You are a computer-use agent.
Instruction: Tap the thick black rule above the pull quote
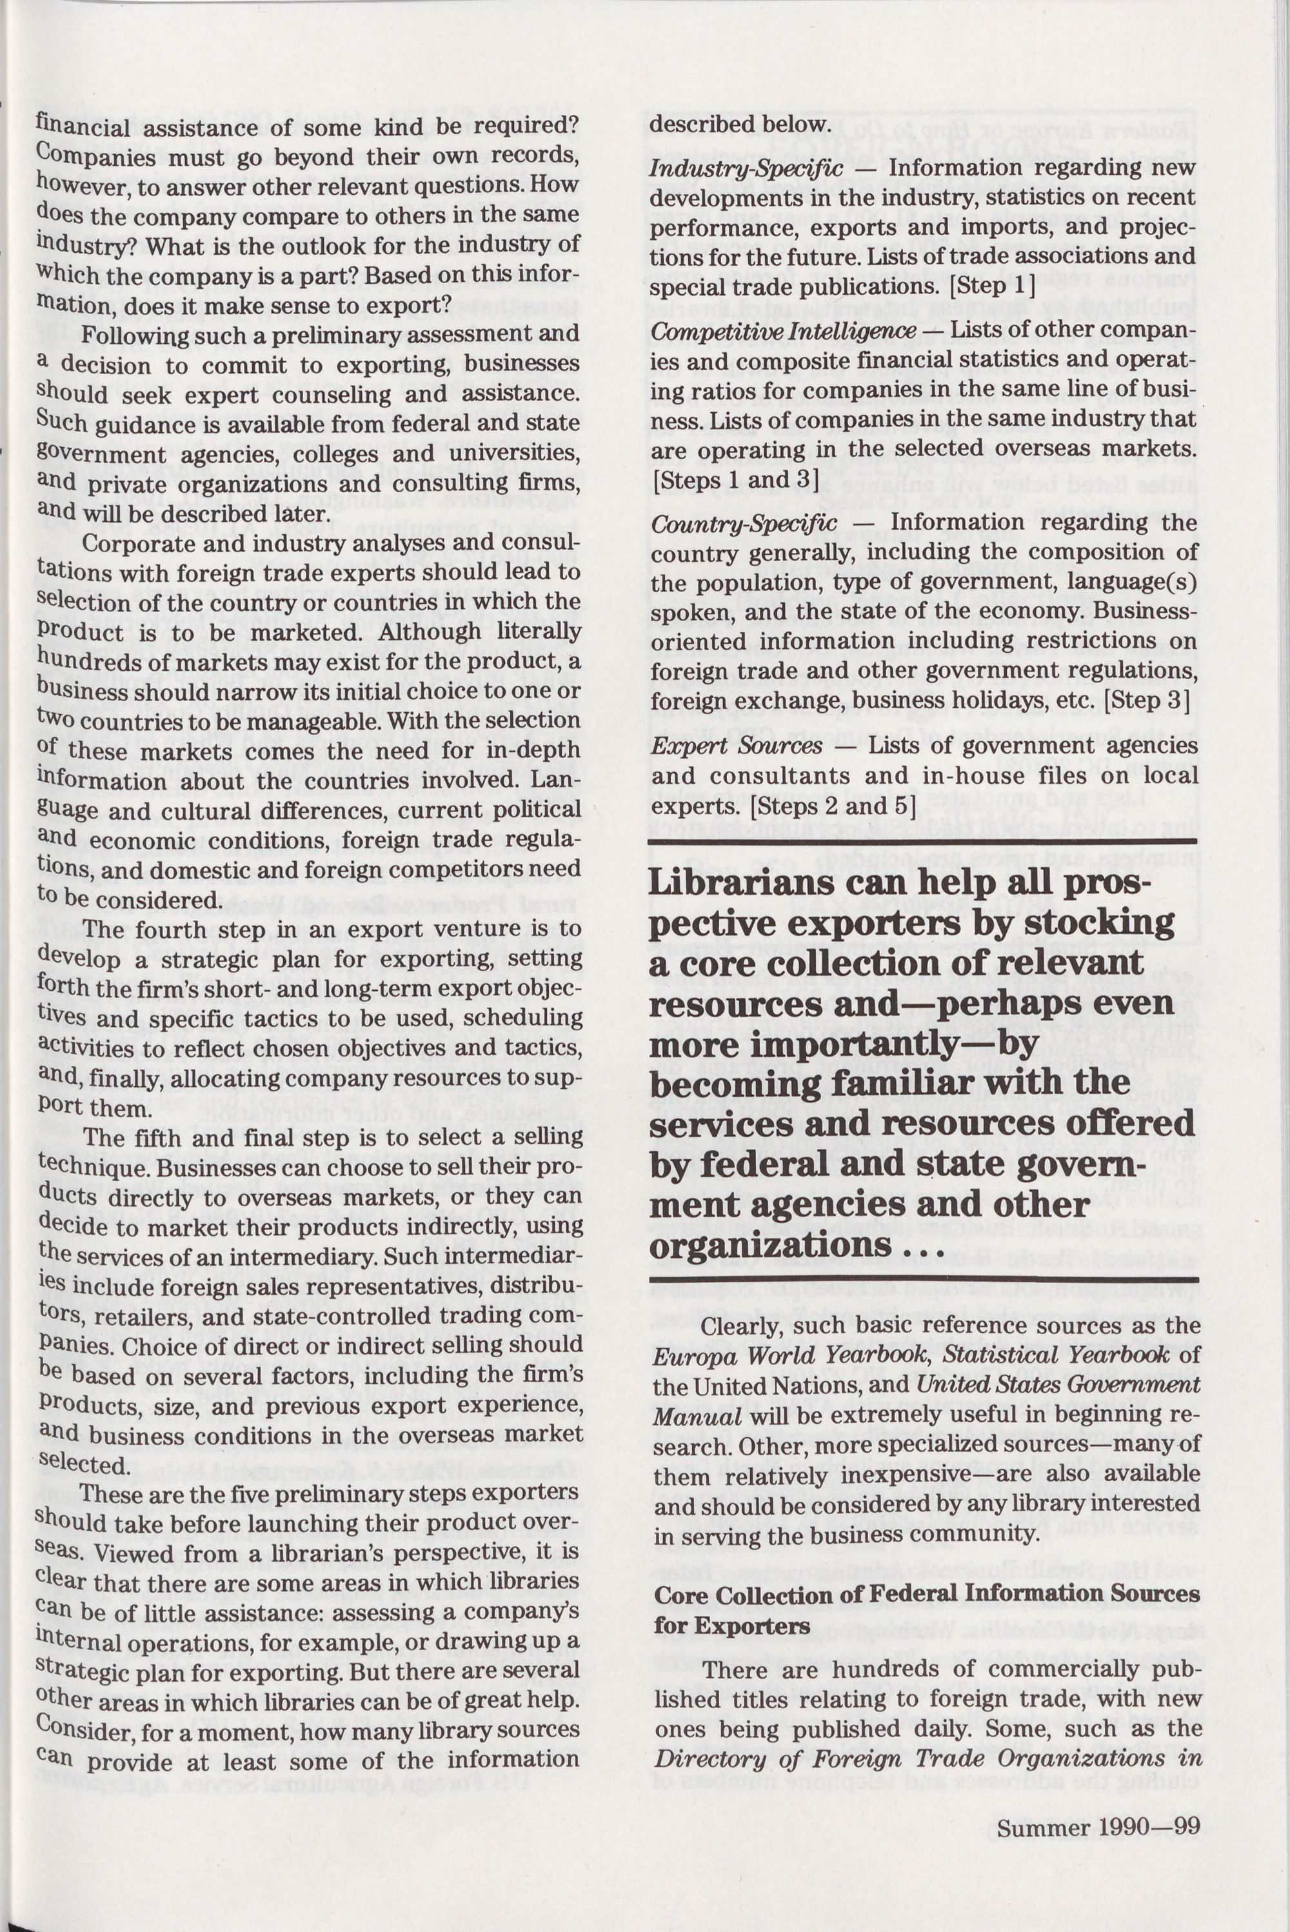pyautogui.click(x=922, y=842)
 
